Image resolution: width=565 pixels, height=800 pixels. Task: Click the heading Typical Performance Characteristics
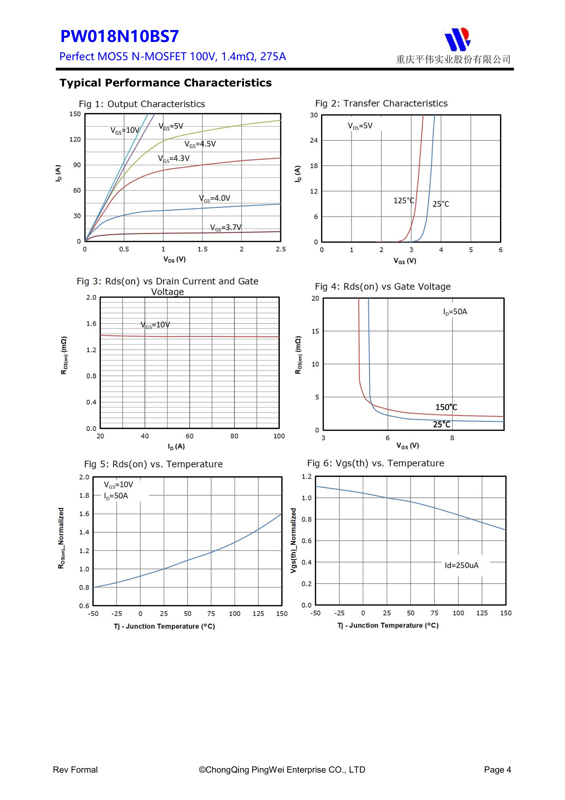[x=165, y=83]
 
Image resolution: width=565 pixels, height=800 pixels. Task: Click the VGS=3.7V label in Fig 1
[x=226, y=228]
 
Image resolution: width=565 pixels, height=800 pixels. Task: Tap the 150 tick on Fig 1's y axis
[x=75, y=114]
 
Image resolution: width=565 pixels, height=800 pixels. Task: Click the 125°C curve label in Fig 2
[x=404, y=201]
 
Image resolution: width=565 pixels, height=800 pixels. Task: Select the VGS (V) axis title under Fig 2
[x=405, y=261]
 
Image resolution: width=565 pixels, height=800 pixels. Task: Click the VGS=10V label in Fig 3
[x=155, y=325]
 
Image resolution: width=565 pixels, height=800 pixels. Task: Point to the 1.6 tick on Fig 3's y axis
[x=91, y=324]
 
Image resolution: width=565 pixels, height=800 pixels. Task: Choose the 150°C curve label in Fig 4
[x=446, y=407]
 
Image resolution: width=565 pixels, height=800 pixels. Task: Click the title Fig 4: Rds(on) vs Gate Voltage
[x=383, y=286]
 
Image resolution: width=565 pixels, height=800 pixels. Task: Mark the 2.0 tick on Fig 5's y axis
[x=84, y=477]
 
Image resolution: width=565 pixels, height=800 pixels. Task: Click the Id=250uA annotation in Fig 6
[x=462, y=565]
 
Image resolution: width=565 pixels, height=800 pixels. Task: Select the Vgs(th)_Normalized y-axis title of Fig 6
[x=293, y=540]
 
